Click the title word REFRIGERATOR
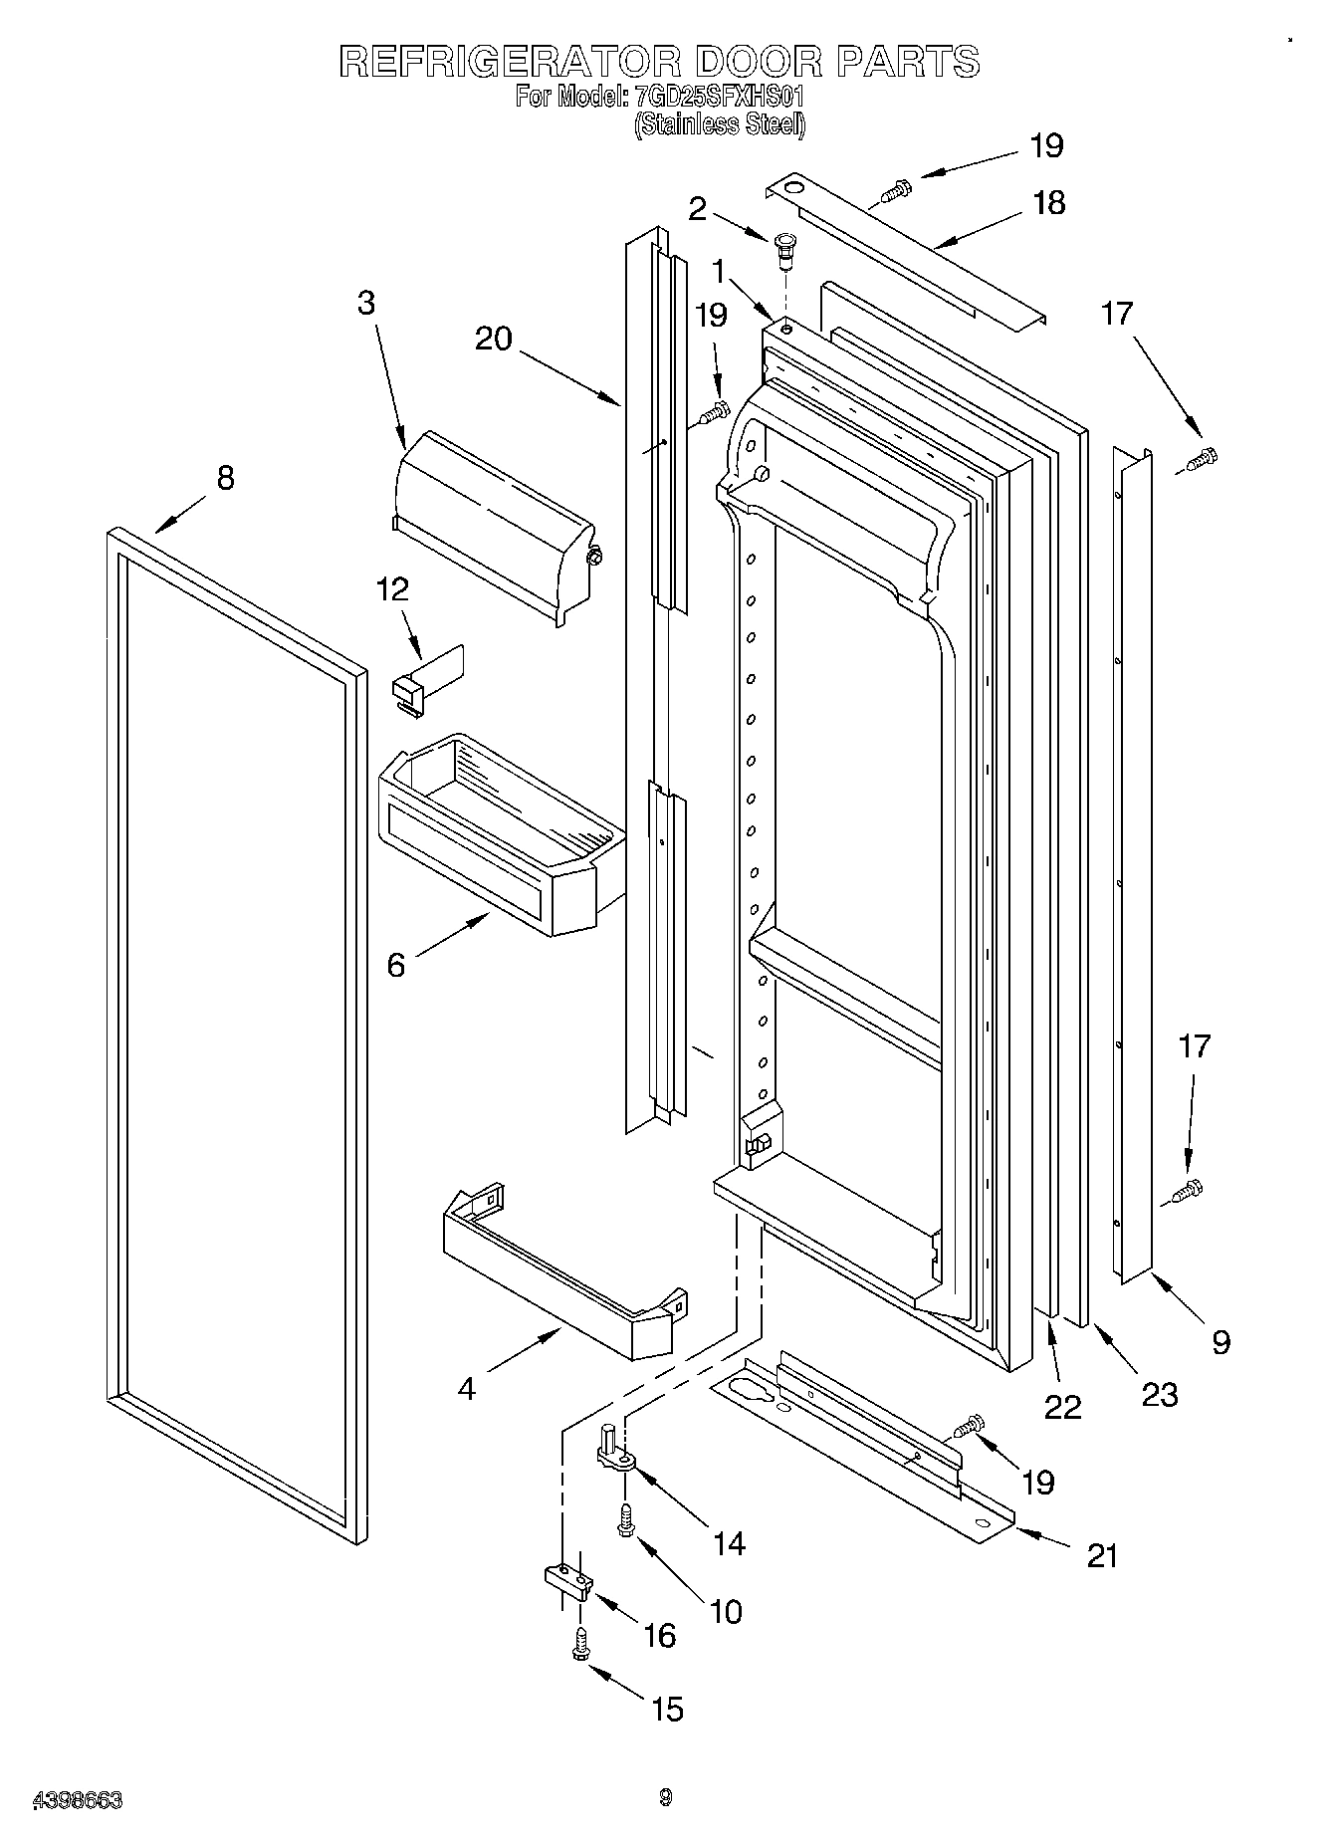[x=509, y=62]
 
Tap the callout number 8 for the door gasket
[x=226, y=478]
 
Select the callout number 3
[x=366, y=303]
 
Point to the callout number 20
[x=494, y=339]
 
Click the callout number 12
[x=392, y=589]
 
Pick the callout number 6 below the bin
[x=396, y=964]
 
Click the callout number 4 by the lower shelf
[x=467, y=1387]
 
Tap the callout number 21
[x=1102, y=1555]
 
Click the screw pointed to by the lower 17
[x=1187, y=1190]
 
